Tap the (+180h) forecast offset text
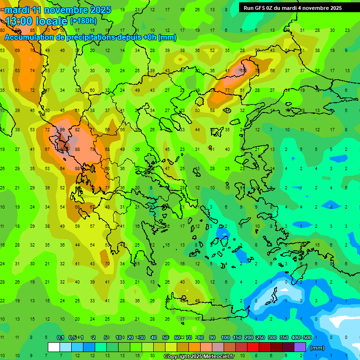[83, 21]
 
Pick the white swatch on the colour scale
[54, 347]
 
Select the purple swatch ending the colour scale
[300, 347]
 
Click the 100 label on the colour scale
[225, 338]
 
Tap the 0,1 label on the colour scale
[60, 338]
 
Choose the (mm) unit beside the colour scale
[317, 348]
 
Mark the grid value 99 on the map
[62, 130]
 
